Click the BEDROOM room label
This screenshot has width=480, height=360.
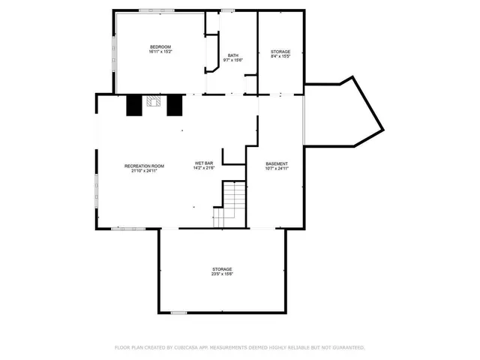pyautogui.click(x=160, y=47)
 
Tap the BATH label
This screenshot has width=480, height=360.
pyautogui.click(x=233, y=55)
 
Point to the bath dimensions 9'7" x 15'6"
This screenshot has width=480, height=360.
pyautogui.click(x=233, y=60)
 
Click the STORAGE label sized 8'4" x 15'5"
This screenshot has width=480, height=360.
pyautogui.click(x=280, y=52)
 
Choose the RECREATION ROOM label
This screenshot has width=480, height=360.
pyautogui.click(x=144, y=165)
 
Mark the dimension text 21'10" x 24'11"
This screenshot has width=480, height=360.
pyautogui.click(x=144, y=170)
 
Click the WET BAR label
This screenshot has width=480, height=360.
pyautogui.click(x=205, y=163)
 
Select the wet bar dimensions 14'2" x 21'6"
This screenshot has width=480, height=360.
pyautogui.click(x=205, y=168)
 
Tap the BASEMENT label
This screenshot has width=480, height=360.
pyautogui.click(x=277, y=163)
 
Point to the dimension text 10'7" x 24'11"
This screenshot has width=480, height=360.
pyautogui.click(x=277, y=169)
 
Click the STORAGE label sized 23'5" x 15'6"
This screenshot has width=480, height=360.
pyautogui.click(x=221, y=268)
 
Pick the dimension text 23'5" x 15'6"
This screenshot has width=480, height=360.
pyautogui.click(x=221, y=274)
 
